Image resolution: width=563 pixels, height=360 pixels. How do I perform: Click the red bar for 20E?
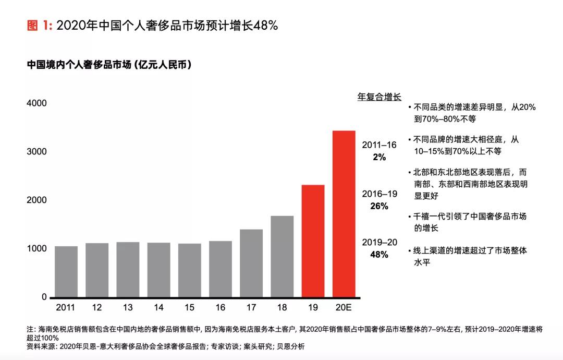click(344, 214)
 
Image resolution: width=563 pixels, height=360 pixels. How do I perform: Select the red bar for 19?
click(313, 241)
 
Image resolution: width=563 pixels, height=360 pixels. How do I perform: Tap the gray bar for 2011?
click(66, 271)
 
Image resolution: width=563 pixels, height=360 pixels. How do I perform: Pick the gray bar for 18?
click(282, 256)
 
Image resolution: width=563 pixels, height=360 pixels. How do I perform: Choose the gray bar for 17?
click(251, 263)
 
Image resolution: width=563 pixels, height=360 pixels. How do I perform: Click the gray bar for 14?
click(158, 270)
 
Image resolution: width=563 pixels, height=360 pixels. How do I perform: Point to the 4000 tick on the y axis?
click(36, 103)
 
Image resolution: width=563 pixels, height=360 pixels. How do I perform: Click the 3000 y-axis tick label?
click(36, 152)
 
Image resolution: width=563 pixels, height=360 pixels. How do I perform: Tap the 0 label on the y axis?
click(44, 297)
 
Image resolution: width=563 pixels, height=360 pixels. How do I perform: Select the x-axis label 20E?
click(344, 307)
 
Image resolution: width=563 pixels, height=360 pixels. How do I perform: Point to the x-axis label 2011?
click(66, 307)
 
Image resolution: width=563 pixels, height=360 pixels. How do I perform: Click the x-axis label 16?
click(221, 307)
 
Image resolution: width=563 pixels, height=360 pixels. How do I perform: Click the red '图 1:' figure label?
click(40, 26)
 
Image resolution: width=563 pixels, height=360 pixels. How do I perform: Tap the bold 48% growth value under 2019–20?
click(379, 255)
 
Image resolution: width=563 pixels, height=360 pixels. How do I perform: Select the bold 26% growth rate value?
click(379, 206)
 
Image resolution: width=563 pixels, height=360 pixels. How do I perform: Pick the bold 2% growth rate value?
click(379, 157)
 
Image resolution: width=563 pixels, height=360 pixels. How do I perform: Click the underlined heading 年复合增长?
click(379, 97)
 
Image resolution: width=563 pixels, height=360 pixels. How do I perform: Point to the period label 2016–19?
click(380, 194)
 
